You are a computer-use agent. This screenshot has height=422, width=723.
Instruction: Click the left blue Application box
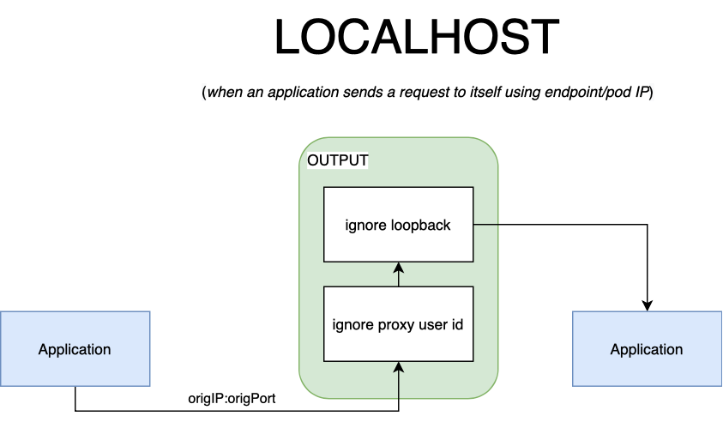click(x=75, y=349)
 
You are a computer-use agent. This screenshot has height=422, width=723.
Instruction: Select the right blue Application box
click(x=647, y=349)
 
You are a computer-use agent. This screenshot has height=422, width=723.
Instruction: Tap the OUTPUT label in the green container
click(x=337, y=161)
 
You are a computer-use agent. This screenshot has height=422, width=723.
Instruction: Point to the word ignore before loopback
click(x=364, y=226)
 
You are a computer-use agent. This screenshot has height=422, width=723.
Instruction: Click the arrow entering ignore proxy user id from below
click(x=399, y=382)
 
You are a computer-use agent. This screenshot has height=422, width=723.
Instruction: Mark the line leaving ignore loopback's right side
click(x=486, y=225)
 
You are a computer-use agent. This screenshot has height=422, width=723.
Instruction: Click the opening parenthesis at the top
click(x=202, y=93)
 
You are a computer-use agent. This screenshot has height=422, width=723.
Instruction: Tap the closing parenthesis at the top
click(x=651, y=93)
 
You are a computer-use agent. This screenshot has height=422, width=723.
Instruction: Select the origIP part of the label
click(x=205, y=399)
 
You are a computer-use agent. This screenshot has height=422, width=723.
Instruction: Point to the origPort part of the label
click(x=251, y=399)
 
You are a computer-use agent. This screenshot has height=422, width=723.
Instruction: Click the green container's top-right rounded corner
click(x=491, y=145)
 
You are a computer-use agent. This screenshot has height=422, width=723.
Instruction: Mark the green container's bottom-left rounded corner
click(x=305, y=393)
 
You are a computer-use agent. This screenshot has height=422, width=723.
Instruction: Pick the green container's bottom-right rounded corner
click(x=491, y=393)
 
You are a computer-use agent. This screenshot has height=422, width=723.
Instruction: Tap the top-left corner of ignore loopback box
click(x=324, y=188)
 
